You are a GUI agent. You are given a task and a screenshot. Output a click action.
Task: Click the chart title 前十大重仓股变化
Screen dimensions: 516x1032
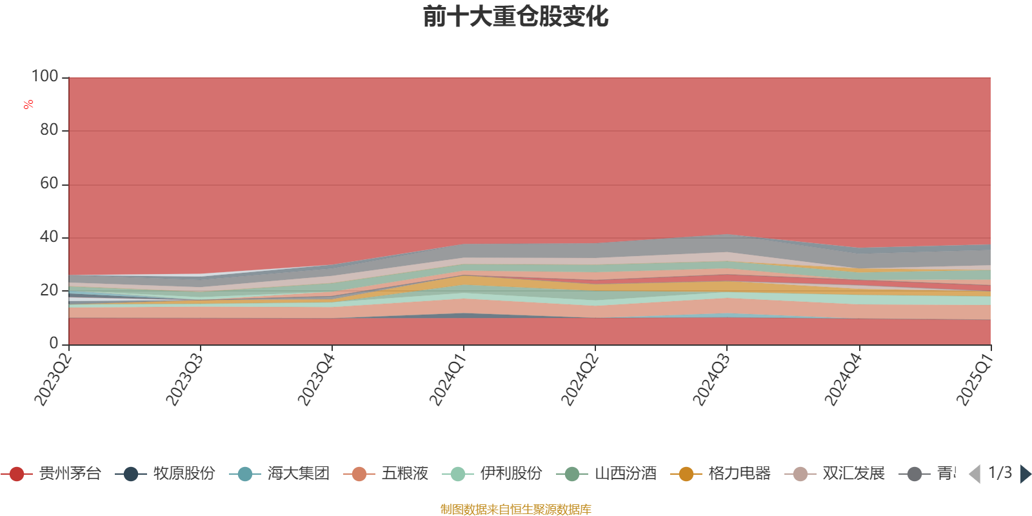point(516,17)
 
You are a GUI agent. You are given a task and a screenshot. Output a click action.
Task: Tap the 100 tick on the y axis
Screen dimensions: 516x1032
point(45,76)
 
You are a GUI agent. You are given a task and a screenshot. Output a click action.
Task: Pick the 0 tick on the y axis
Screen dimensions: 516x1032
point(54,343)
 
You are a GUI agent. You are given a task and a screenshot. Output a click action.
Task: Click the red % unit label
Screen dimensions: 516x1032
point(28,104)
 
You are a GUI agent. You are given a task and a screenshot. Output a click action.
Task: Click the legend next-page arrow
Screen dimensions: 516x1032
point(1026,474)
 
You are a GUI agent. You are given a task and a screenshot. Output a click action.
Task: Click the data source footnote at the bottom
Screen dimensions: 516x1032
point(516,510)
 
